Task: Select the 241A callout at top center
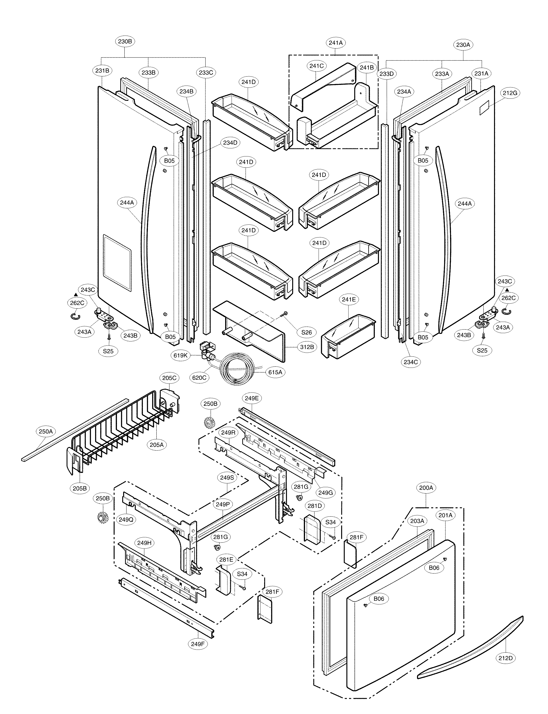(x=336, y=43)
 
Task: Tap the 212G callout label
(x=510, y=93)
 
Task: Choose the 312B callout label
(x=307, y=347)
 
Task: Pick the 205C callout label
(x=169, y=378)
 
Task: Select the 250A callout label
(x=46, y=432)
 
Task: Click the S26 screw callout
(x=307, y=332)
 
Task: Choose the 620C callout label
(x=199, y=378)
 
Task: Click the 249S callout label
(x=227, y=477)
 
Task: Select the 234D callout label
(x=230, y=143)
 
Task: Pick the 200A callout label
(x=426, y=488)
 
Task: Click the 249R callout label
(x=228, y=433)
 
